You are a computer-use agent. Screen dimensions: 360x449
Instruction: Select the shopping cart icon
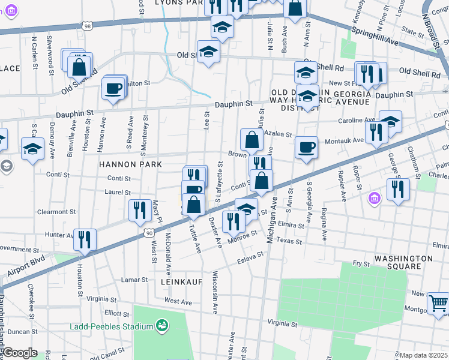438,304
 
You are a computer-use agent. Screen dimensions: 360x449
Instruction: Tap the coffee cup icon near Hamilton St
113,89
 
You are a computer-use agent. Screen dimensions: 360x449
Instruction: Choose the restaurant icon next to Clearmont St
139,209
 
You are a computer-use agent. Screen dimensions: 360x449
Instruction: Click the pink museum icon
373,198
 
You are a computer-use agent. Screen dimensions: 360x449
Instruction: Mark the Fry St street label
361,263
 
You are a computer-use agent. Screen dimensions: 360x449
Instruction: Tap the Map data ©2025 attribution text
424,355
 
